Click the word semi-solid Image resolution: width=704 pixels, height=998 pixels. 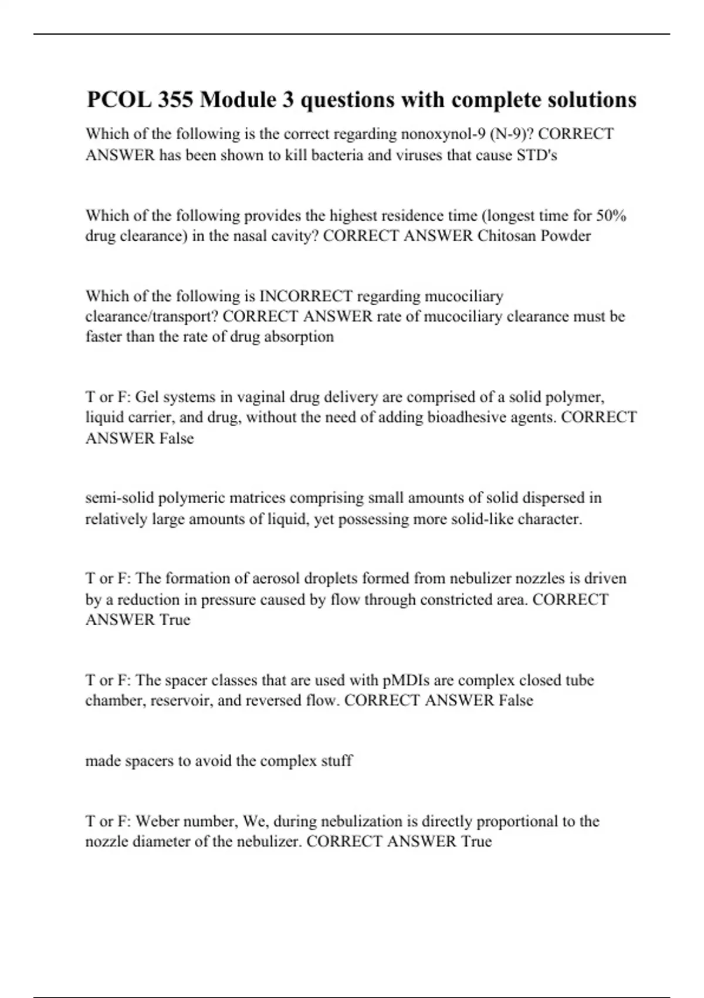[119, 498]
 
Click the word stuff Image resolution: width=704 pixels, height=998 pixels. [337, 761]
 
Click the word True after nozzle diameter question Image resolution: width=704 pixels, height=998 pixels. [476, 842]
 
